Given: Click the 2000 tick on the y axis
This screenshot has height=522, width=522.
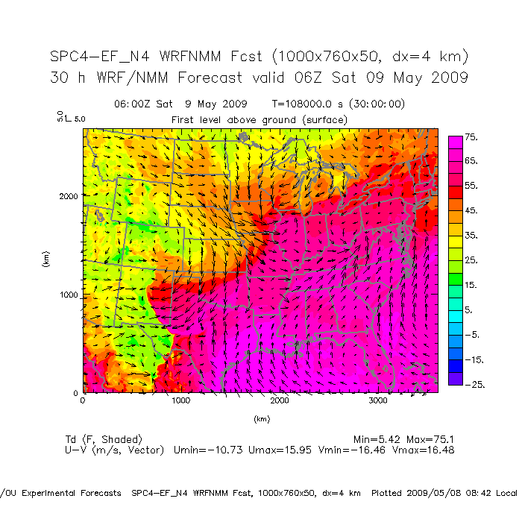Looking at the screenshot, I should click(69, 196).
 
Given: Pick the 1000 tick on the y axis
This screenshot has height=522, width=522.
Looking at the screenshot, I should click(69, 295).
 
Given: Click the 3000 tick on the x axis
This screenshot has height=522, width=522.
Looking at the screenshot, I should click(378, 401).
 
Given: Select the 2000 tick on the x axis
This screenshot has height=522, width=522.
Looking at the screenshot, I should click(280, 401).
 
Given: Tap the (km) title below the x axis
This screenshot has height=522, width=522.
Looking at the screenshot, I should click(261, 419).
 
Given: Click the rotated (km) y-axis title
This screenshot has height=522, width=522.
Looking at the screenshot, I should click(46, 260).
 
